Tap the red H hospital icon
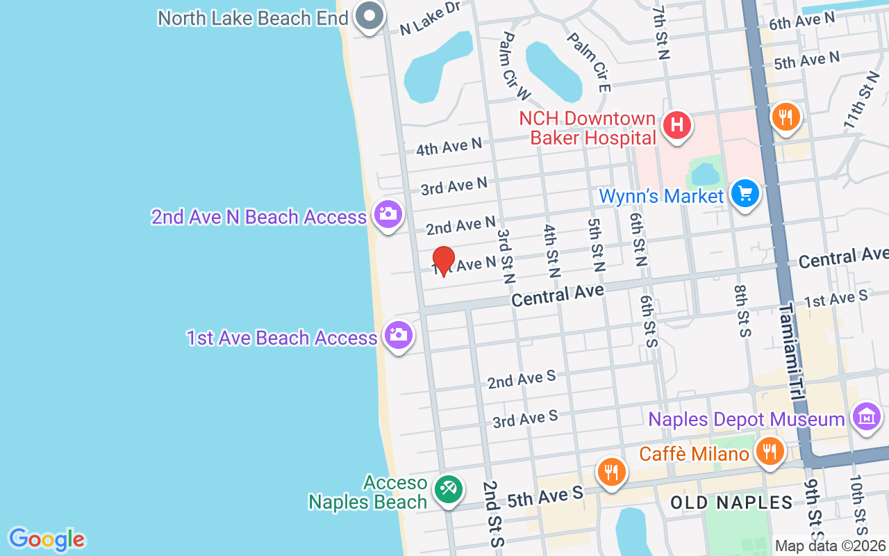tap(677, 125)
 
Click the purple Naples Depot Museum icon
tap(867, 417)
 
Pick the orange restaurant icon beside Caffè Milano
tap(769, 451)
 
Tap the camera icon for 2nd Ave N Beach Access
tap(388, 213)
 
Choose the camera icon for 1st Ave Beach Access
tap(399, 335)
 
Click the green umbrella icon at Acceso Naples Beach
tap(447, 489)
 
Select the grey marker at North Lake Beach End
tap(369, 15)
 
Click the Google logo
tap(47, 539)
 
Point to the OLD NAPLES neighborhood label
tap(731, 502)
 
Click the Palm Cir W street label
tap(515, 66)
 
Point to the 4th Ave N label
tap(448, 147)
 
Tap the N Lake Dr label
tap(430, 18)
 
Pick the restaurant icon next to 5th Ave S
tap(611, 473)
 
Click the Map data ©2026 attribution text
tap(830, 546)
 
